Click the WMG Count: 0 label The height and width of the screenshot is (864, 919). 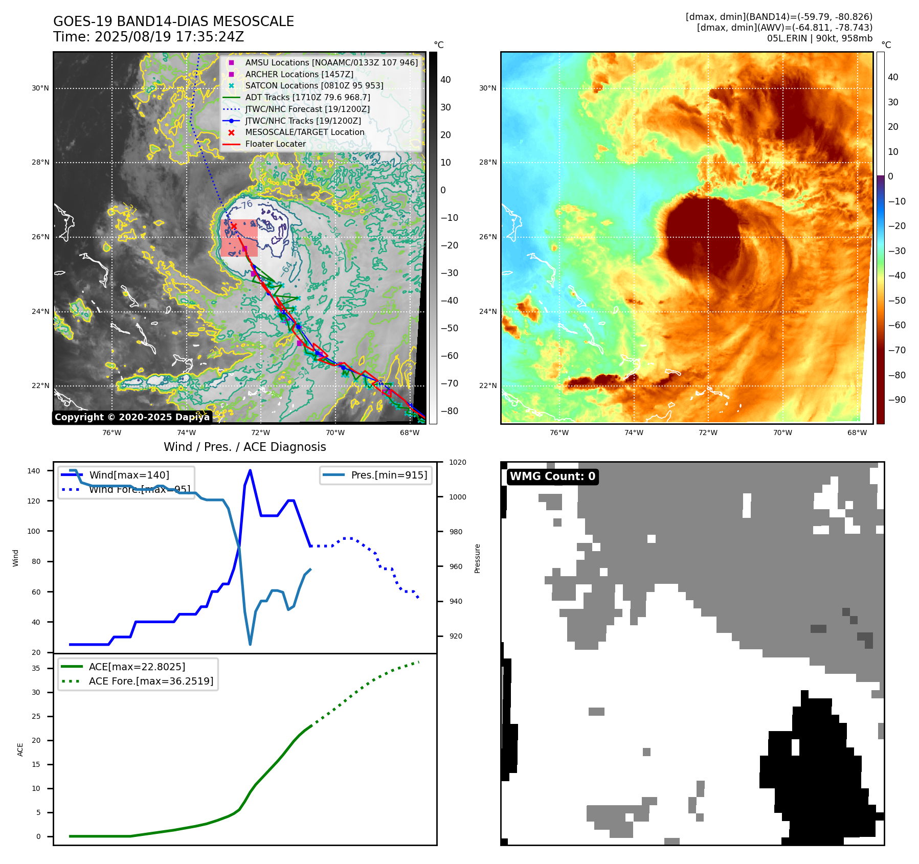click(552, 476)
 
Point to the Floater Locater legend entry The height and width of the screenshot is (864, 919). click(275, 144)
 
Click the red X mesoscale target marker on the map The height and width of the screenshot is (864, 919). click(234, 226)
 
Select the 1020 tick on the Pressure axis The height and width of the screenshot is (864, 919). click(458, 462)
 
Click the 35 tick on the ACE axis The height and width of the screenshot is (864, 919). click(36, 668)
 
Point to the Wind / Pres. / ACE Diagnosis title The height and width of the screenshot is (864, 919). click(244, 447)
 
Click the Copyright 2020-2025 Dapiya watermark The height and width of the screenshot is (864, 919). click(132, 417)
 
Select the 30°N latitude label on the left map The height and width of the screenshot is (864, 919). click(40, 88)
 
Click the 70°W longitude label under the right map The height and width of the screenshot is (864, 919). click(782, 433)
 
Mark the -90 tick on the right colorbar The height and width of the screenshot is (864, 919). click(896, 400)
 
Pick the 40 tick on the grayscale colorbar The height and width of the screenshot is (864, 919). click(445, 80)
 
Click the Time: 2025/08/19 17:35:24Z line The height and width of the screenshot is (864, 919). click(148, 37)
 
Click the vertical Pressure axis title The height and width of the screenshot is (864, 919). click(477, 558)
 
